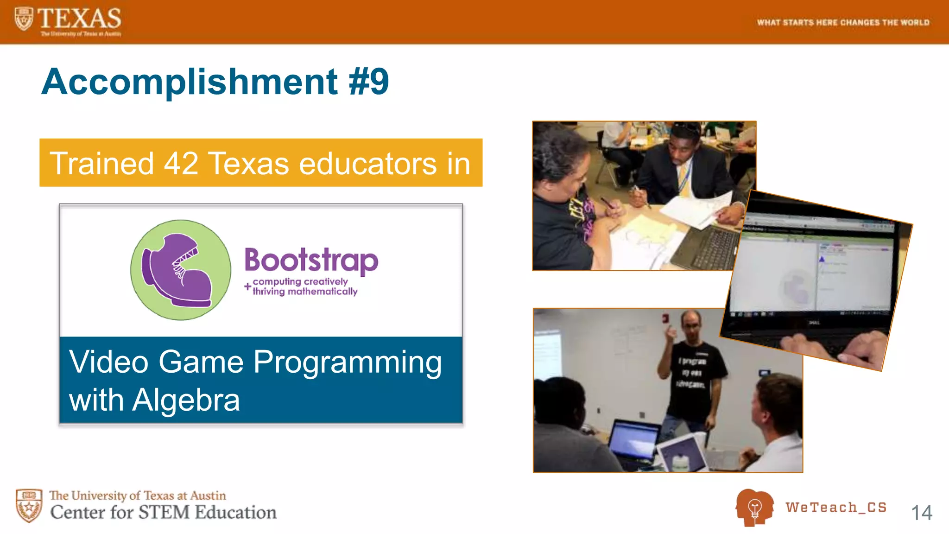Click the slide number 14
click(921, 513)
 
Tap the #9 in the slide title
click(368, 82)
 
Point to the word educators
click(368, 164)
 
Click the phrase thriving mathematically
click(305, 292)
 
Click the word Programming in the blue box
click(348, 362)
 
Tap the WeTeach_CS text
click(836, 507)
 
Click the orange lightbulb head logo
click(754, 507)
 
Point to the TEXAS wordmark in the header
click(79, 19)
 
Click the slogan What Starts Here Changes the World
click(843, 22)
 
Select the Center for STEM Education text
click(163, 512)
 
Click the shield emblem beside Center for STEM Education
click(29, 505)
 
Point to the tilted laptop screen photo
click(816, 278)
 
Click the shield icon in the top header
click(24, 19)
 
